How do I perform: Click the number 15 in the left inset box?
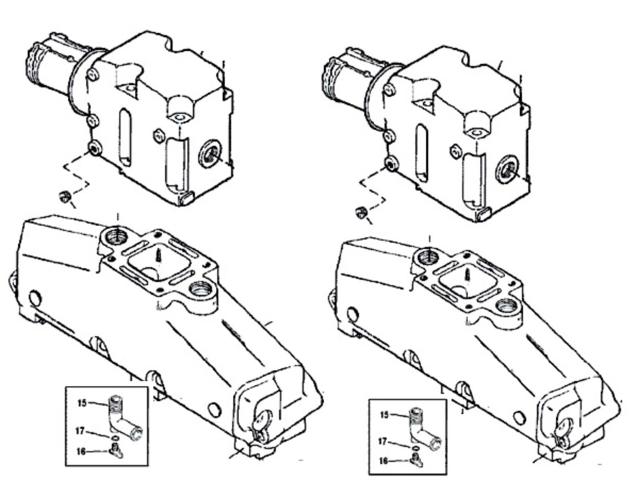pos(82,403)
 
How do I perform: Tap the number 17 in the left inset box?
pos(80,431)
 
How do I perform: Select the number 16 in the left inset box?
pos(81,451)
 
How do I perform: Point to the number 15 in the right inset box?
pos(384,415)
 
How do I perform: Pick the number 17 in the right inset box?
pos(383,441)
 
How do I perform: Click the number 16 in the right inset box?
pos(384,461)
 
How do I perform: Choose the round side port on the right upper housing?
pos(507,169)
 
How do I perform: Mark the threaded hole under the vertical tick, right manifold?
pos(428,256)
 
